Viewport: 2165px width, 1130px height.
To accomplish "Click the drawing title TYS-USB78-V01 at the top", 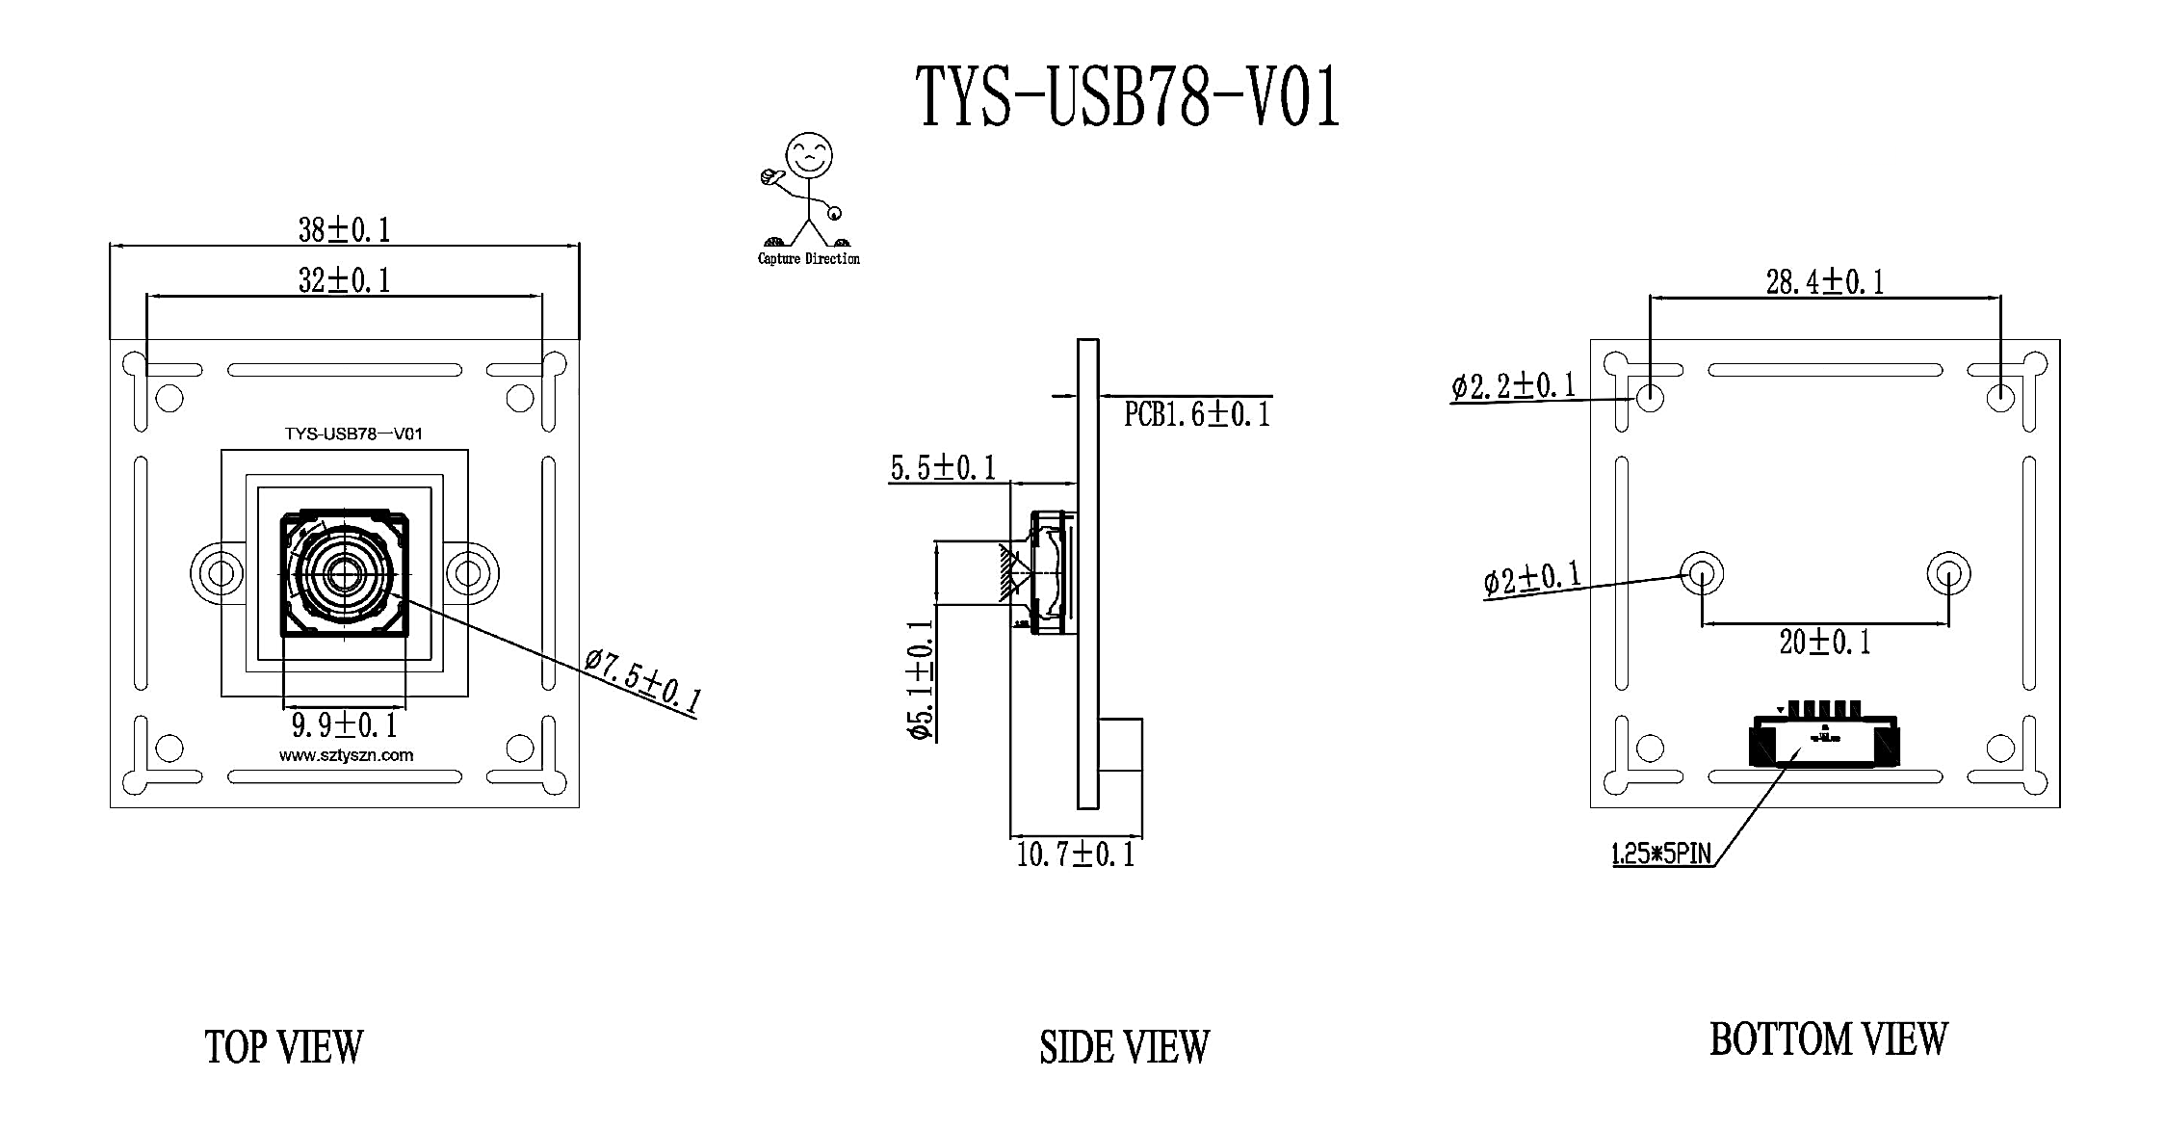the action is click(1127, 97).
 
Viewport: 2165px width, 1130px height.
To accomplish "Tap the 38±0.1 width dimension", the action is click(344, 230).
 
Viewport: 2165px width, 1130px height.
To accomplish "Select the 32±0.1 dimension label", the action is click(344, 280).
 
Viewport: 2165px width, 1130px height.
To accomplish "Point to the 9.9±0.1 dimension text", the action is click(344, 724).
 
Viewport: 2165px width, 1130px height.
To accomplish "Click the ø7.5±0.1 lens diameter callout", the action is click(642, 682).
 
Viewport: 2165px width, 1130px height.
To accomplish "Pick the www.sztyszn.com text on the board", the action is click(346, 755).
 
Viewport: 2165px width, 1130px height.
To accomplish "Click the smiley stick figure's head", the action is click(809, 154).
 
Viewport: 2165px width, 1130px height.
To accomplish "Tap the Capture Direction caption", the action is click(809, 258).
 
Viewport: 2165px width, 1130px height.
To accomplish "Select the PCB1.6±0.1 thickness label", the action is click(1197, 414).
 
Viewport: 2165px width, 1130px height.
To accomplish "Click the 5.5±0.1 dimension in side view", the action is click(943, 469).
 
